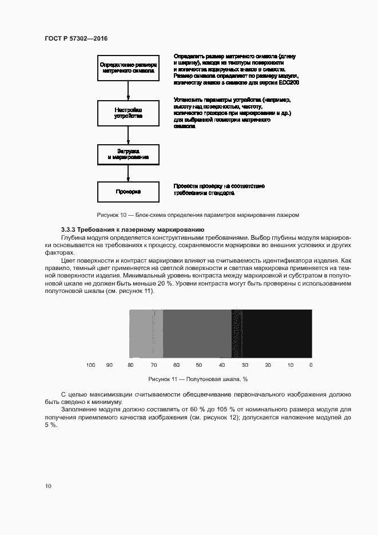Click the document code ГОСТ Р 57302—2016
click(x=75, y=38)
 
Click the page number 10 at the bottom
click(x=48, y=486)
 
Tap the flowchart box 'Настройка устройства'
click(x=128, y=112)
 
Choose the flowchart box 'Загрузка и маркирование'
click(x=128, y=154)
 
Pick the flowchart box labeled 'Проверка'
click(x=128, y=192)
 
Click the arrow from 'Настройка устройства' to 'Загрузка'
click(x=128, y=134)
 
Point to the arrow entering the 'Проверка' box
click(x=128, y=174)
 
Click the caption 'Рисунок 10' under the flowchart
click(x=198, y=215)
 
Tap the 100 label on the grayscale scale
click(x=90, y=364)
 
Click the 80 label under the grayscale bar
click(x=130, y=364)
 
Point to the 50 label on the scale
click(x=199, y=364)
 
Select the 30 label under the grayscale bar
click(x=245, y=364)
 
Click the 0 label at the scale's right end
click(x=311, y=364)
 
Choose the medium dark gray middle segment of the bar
click(x=197, y=334)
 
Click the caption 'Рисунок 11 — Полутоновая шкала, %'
click(x=197, y=379)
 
